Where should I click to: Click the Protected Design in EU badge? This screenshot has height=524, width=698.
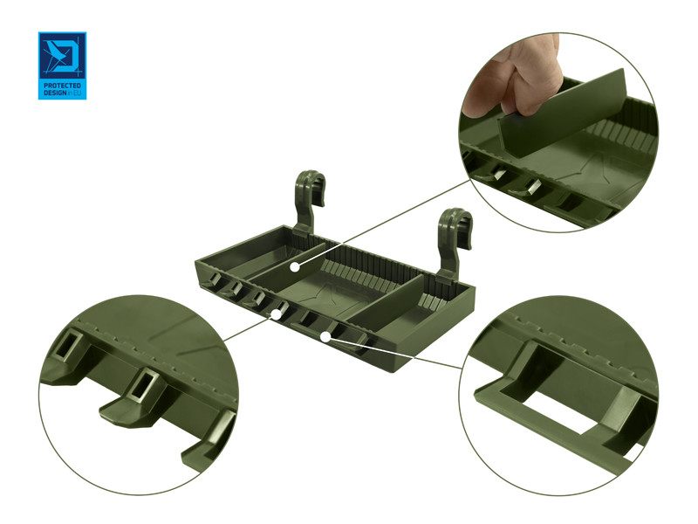(x=62, y=65)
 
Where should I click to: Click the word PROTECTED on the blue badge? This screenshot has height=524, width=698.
(x=62, y=85)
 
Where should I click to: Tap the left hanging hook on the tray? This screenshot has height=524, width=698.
(x=310, y=201)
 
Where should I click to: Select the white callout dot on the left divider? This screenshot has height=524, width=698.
(x=294, y=267)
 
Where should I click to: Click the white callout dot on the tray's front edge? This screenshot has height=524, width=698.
(x=277, y=314)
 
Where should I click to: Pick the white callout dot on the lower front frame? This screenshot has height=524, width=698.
(x=325, y=337)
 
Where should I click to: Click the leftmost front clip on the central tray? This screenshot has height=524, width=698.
(x=213, y=280)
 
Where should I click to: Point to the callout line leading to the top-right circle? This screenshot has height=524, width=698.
(x=384, y=224)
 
